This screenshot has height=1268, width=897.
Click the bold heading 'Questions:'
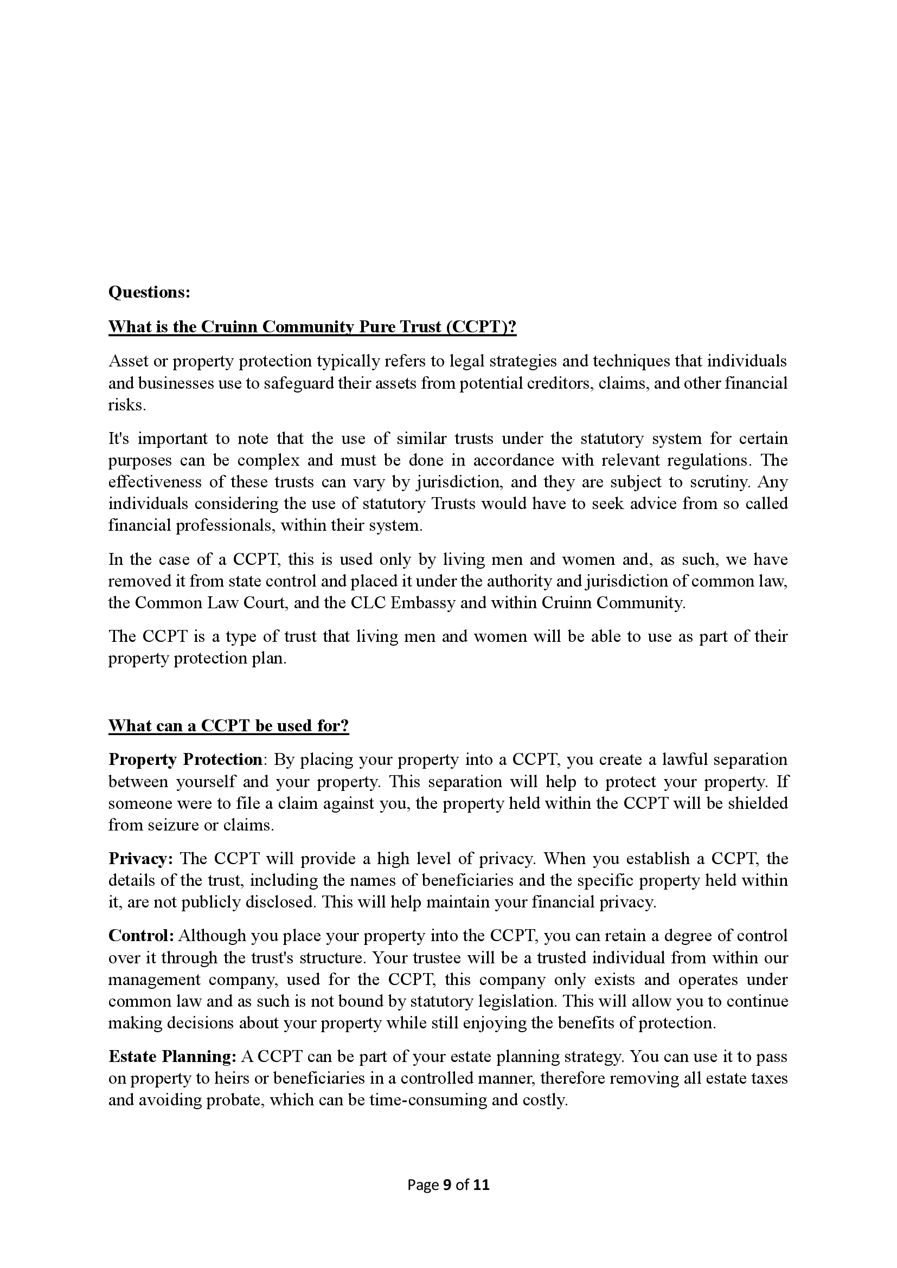coord(149,292)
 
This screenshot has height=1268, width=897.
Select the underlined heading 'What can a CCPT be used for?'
coord(229,725)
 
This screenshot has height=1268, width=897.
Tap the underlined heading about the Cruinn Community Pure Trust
coord(312,326)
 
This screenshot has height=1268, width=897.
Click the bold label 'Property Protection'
coord(185,759)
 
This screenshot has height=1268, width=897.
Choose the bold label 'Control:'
coord(142,936)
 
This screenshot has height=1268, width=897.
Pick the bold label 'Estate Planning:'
coord(172,1057)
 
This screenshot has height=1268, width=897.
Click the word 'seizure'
coord(157,825)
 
